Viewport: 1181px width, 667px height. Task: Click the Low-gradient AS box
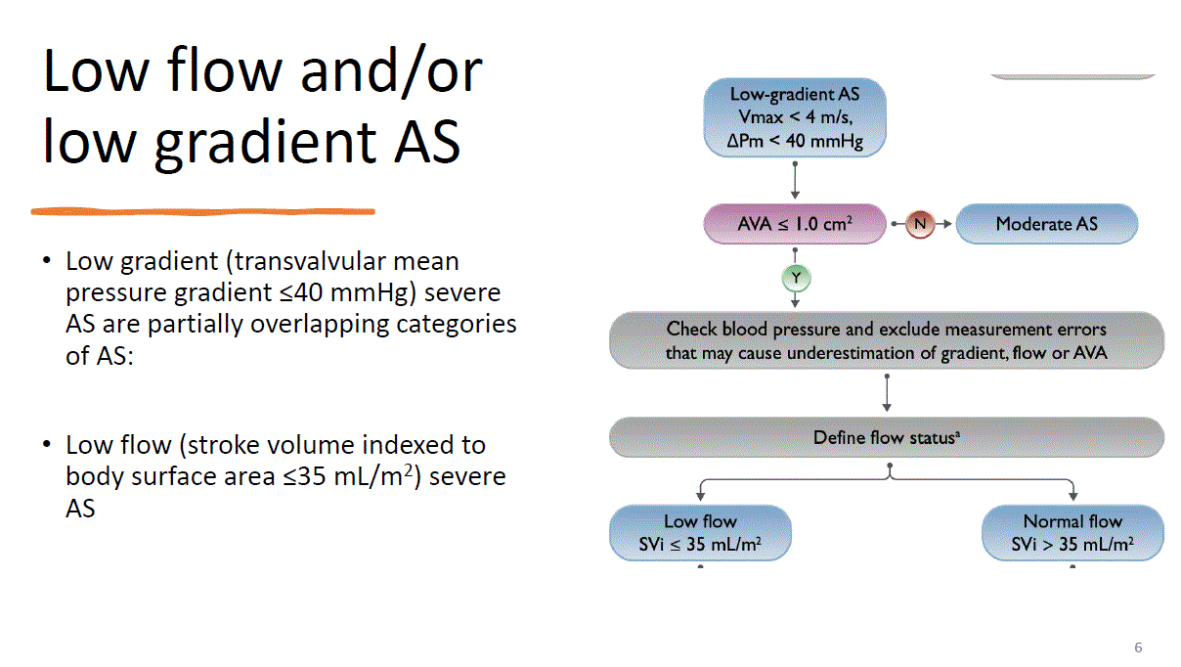[x=795, y=117]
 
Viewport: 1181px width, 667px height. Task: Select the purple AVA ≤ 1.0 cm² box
[x=795, y=224]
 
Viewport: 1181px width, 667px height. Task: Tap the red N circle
[x=920, y=224]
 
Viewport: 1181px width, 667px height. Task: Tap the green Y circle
[x=796, y=278]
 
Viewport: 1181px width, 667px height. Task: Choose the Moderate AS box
[x=1046, y=224]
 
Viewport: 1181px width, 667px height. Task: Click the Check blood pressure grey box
[x=887, y=340]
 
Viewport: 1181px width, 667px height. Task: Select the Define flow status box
[x=887, y=437]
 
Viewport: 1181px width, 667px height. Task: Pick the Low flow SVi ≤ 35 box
[x=700, y=533]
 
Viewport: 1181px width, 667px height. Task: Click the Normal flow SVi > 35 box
[x=1072, y=533]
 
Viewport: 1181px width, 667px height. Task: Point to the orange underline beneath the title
[x=203, y=211]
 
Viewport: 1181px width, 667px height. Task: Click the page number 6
[x=1138, y=647]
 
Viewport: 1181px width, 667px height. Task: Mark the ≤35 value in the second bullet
[x=304, y=476]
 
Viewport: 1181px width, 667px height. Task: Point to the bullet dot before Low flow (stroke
[x=47, y=444]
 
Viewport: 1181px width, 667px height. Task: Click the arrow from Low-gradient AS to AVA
[x=795, y=180]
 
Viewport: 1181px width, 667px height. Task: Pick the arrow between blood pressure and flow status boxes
[x=887, y=393]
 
